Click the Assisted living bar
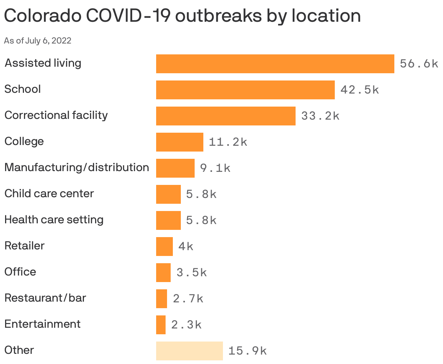(x=275, y=64)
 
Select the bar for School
(x=245, y=90)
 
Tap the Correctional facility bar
(x=225, y=116)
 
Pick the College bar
(x=179, y=142)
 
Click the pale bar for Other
(x=189, y=351)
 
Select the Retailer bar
(x=164, y=247)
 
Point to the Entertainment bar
(x=160, y=325)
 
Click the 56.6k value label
(x=419, y=64)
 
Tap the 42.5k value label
(x=359, y=90)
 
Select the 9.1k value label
(x=215, y=168)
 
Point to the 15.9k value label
(x=248, y=351)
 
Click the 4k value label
(x=186, y=247)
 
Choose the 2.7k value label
(x=188, y=299)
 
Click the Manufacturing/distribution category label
(x=77, y=167)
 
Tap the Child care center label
(x=49, y=194)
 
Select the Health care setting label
(x=54, y=220)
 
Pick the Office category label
(x=20, y=272)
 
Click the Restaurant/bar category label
(x=45, y=298)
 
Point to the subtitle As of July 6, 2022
(x=37, y=41)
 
